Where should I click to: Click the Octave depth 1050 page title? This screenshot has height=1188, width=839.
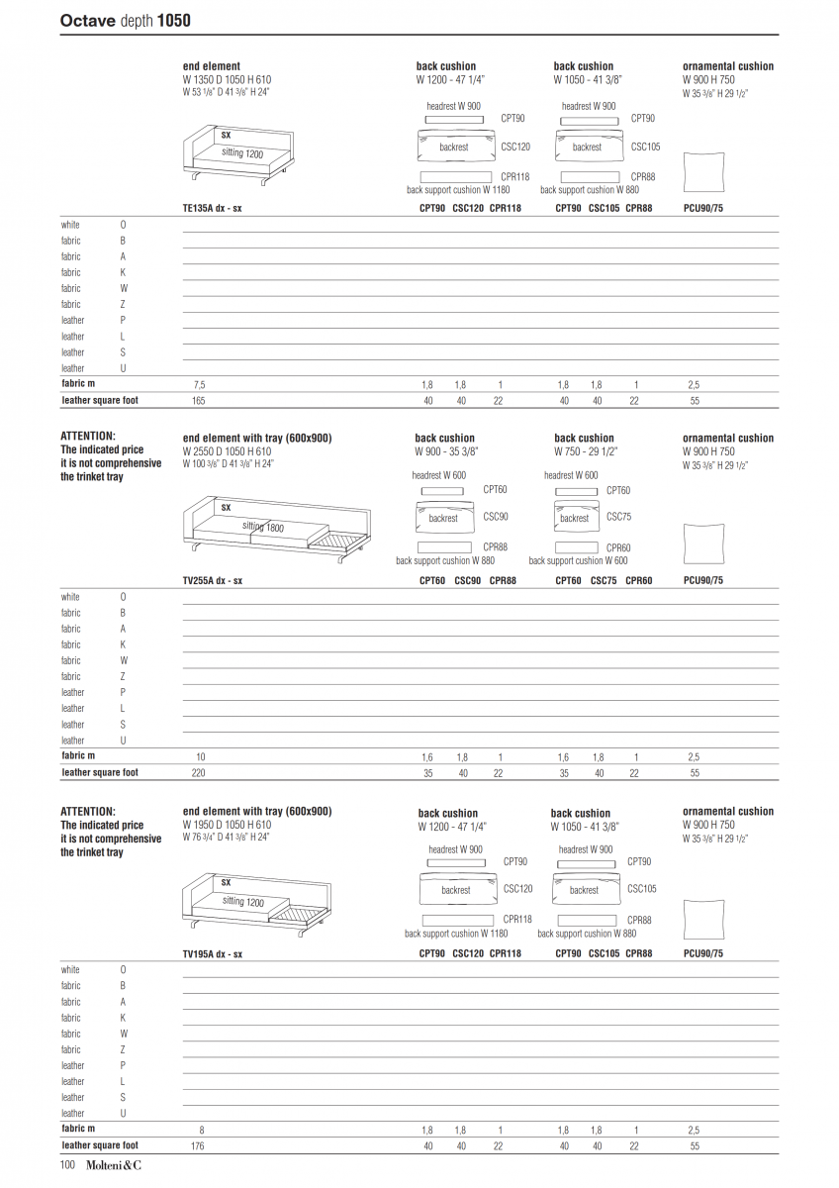tap(126, 20)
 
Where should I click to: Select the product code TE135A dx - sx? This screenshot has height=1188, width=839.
tap(213, 209)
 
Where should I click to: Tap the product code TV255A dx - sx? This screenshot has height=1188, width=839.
tap(213, 581)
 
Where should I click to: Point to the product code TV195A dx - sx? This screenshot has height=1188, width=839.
tap(213, 953)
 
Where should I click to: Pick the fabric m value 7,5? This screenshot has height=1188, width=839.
tap(199, 384)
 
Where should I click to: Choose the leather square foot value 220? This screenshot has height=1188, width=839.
tap(199, 772)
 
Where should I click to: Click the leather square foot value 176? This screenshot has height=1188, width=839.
tap(199, 1145)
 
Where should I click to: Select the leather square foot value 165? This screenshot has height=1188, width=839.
tap(199, 401)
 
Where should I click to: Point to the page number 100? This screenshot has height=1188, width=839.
tap(69, 1166)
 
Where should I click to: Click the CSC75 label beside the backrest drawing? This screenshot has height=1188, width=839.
tap(618, 517)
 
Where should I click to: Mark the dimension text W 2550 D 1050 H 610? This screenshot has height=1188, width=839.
tap(227, 450)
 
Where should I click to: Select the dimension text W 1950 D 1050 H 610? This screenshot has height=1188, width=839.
tap(227, 825)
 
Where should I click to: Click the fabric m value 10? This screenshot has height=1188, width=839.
tap(201, 756)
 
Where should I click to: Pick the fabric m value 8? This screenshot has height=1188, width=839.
tap(202, 1130)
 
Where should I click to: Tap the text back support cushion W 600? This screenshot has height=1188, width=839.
tap(578, 560)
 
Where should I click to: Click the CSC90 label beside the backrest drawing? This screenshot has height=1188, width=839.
tap(496, 517)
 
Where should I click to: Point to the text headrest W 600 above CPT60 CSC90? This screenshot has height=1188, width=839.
tap(438, 476)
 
